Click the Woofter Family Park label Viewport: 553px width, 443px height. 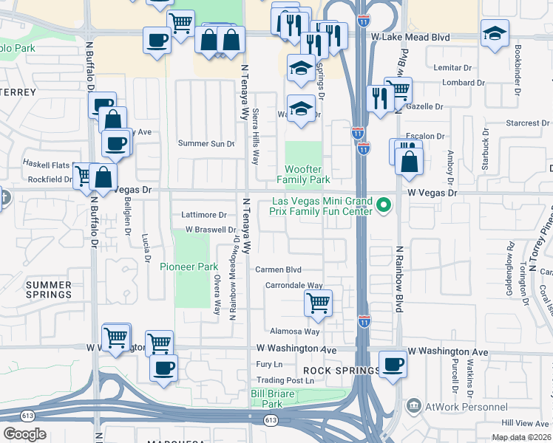[303, 174]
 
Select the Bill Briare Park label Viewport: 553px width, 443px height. [272, 399]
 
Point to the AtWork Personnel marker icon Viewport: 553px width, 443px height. [413, 406]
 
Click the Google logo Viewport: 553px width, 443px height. [24, 434]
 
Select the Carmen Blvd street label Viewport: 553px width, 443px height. [278, 269]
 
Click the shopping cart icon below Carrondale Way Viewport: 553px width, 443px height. [318, 303]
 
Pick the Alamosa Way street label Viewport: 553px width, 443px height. [294, 332]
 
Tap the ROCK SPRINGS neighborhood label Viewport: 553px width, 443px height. [330, 369]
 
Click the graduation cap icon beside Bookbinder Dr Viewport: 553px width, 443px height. [495, 34]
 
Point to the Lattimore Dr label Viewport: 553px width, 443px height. [203, 215]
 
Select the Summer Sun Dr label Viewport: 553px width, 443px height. [207, 143]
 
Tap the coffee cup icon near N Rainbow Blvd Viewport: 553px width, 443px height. [393, 364]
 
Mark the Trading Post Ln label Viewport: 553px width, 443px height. [285, 381]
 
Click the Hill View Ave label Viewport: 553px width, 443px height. [527, 423]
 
